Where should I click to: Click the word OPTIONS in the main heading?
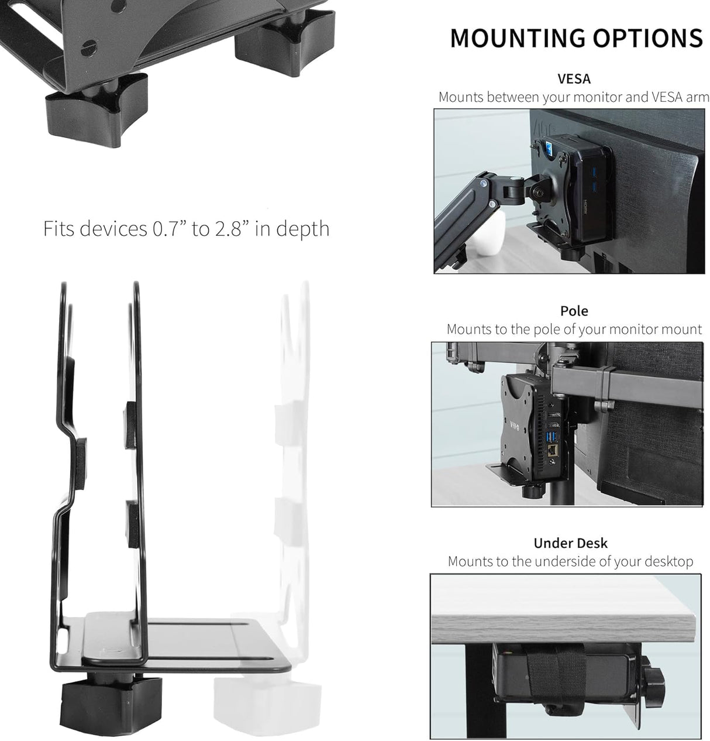[647, 38]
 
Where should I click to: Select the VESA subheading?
[574, 78]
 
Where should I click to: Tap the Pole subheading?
[574, 311]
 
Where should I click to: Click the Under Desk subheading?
[570, 543]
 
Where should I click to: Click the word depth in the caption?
[302, 229]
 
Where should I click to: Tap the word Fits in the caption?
[59, 228]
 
